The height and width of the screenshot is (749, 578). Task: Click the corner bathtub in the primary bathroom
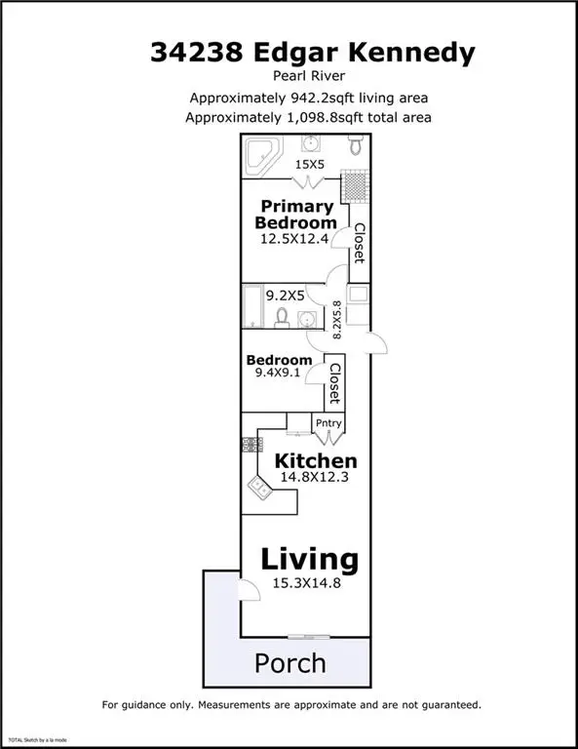(261, 153)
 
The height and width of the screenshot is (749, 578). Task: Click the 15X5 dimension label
(310, 166)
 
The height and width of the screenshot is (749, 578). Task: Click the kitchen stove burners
(252, 444)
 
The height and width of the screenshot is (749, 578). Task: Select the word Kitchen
(315, 460)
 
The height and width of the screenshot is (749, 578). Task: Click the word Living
(309, 560)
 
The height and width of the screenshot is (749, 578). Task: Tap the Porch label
(289, 663)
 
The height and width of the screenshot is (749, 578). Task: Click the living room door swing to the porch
(250, 589)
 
